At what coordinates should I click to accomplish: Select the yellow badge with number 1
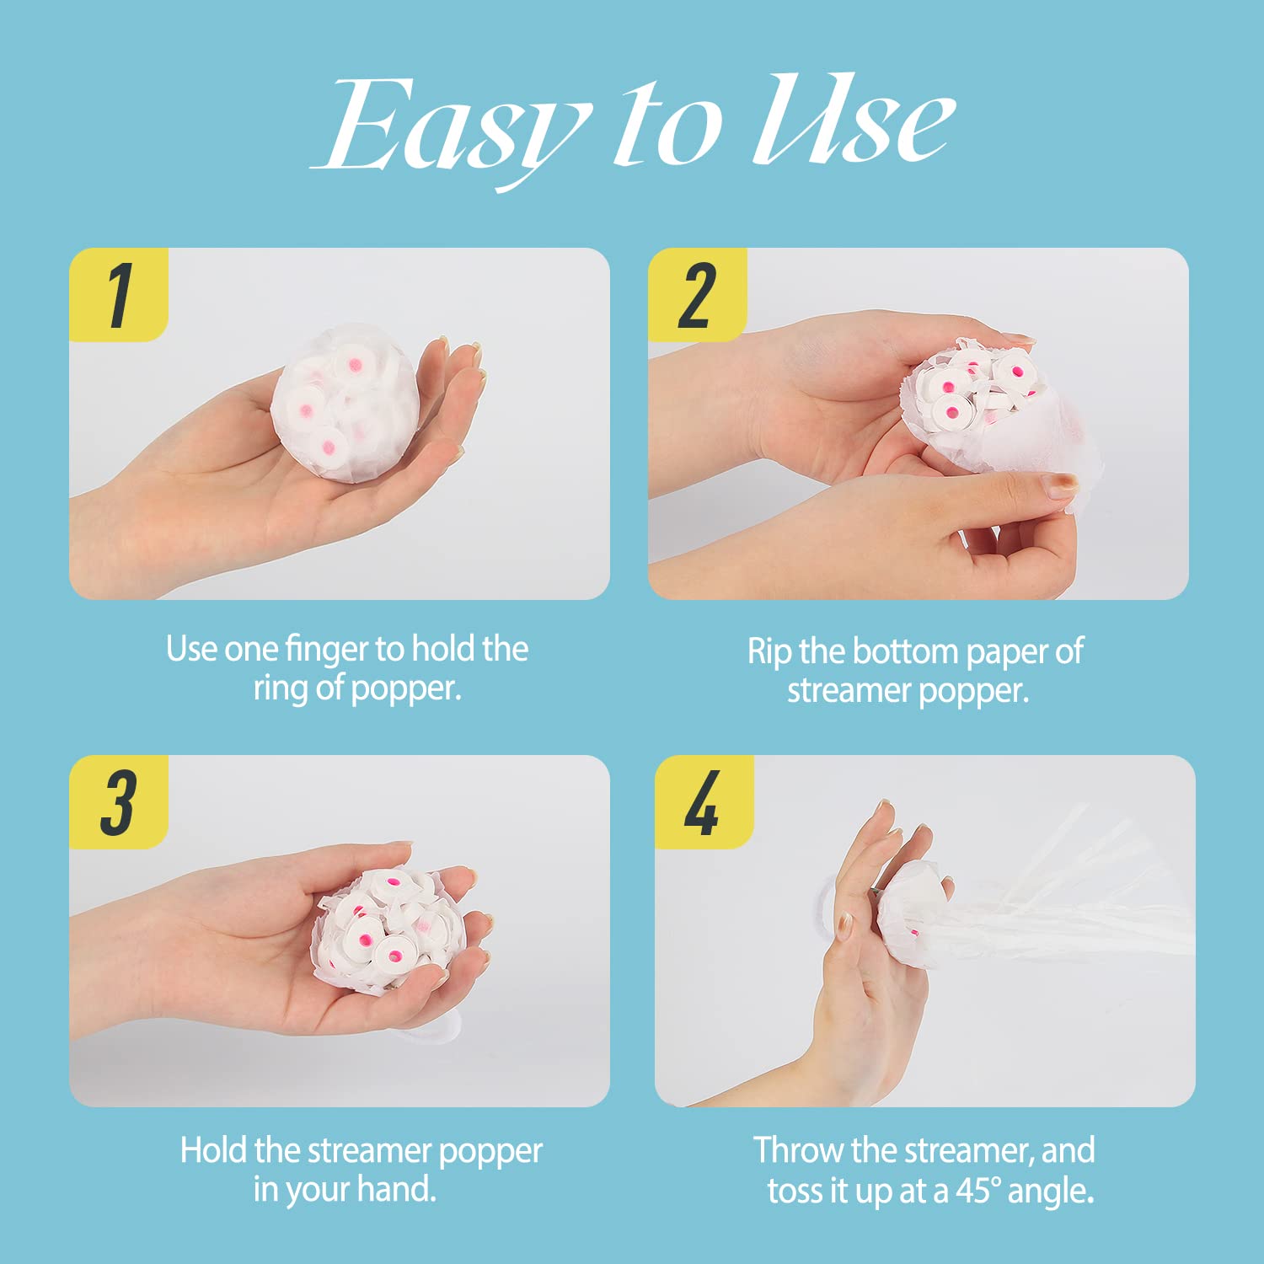tap(119, 295)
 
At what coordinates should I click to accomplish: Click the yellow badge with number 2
tap(698, 295)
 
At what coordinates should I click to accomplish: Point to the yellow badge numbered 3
tap(119, 802)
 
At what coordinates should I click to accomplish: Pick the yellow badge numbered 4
tap(704, 802)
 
